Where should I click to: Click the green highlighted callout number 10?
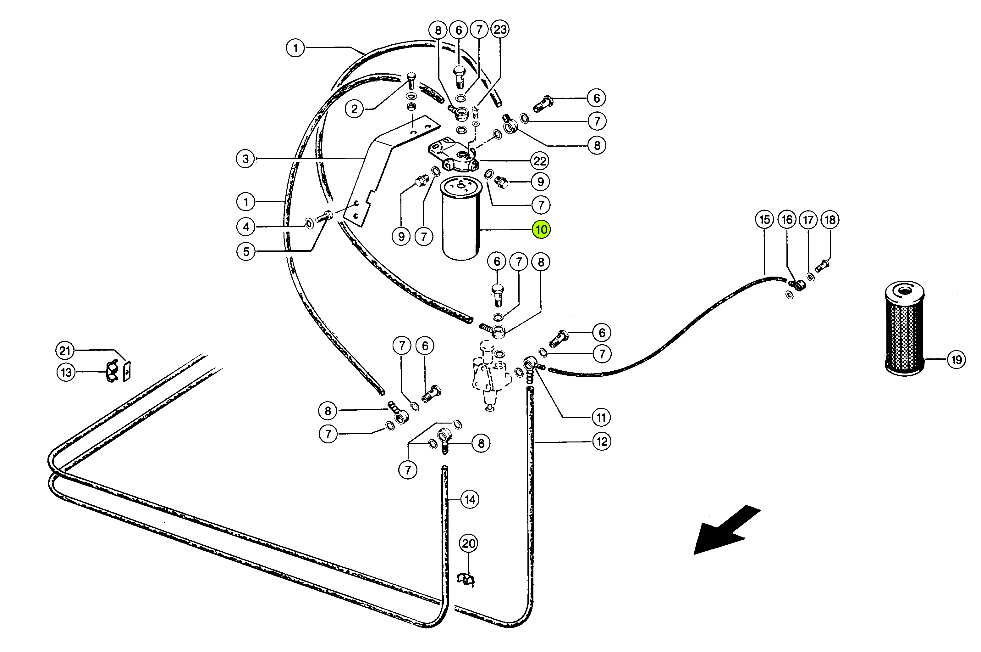542,229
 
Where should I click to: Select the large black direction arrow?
726,530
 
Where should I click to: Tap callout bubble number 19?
956,359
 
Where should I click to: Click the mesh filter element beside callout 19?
905,329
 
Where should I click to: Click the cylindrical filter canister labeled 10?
461,218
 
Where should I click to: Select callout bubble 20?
468,543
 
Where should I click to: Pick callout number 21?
65,351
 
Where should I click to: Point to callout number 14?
470,499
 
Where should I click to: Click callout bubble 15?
765,220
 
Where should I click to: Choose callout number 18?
830,220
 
